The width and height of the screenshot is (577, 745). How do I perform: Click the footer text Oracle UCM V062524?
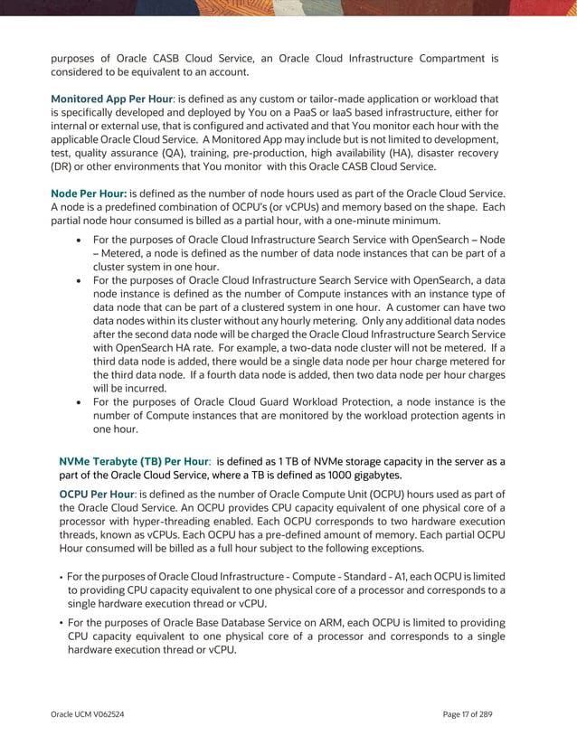click(87, 714)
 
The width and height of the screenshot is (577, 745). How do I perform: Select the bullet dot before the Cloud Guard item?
click(82, 401)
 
